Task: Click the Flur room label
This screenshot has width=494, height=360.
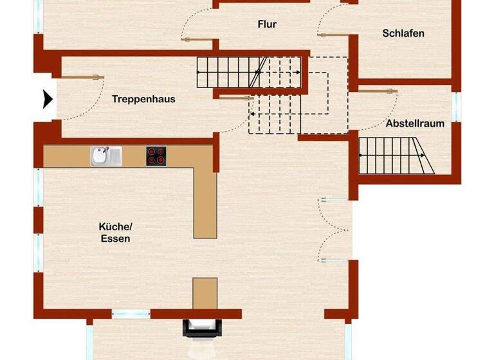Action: click(267, 24)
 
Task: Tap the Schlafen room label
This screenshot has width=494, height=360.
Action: click(403, 33)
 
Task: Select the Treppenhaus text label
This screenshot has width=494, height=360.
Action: click(143, 99)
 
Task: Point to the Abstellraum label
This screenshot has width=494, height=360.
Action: click(415, 123)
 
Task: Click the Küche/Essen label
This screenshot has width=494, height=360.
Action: click(115, 232)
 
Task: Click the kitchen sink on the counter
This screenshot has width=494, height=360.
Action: click(105, 156)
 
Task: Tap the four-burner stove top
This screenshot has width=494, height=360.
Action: click(156, 156)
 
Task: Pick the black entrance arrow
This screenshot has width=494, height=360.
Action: click(48, 100)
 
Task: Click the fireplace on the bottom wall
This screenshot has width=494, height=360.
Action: click(202, 328)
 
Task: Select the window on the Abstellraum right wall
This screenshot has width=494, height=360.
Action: click(457, 107)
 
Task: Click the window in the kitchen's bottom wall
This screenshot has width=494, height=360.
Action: click(131, 314)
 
